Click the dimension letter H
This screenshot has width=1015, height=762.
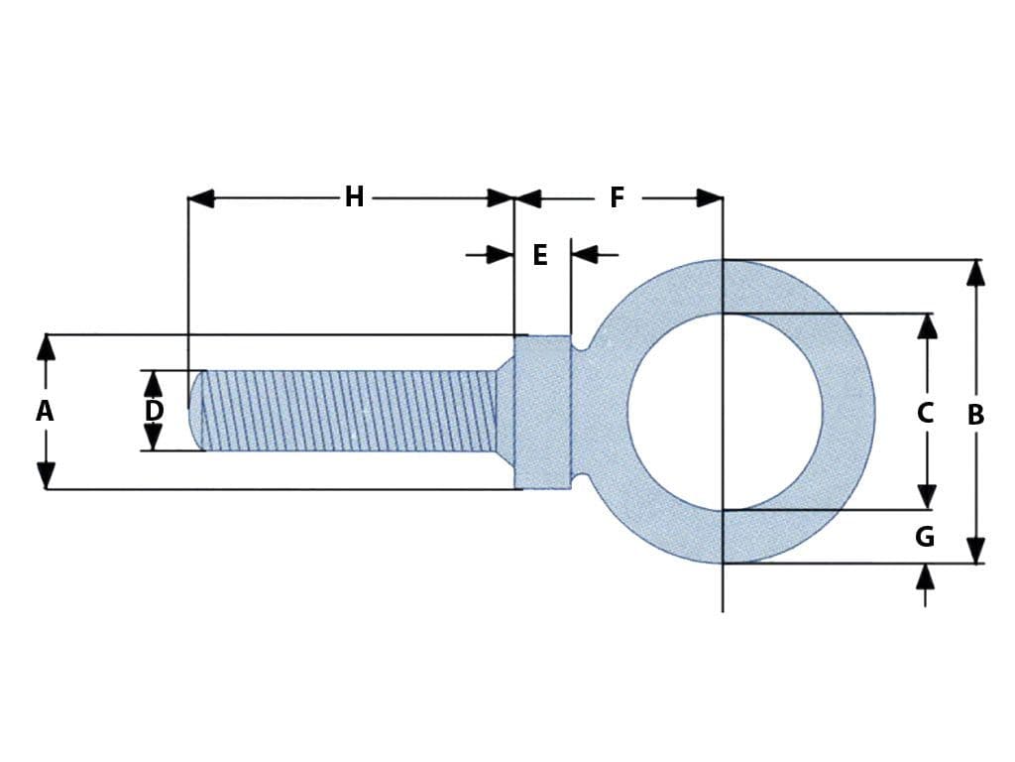[354, 197]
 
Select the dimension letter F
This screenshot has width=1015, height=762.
[617, 197]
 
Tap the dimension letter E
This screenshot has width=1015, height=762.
[540, 255]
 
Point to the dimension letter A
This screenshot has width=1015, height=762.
[45, 411]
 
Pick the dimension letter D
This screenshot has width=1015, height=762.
[154, 411]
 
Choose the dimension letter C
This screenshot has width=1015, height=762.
[925, 413]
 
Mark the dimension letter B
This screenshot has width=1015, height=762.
[975, 415]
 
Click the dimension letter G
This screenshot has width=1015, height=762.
[924, 537]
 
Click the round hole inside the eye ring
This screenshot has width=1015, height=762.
[725, 412]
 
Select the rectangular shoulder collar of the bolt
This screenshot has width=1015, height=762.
[543, 412]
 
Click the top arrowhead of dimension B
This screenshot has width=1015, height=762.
[975, 272]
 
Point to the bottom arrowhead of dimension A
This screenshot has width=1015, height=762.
[46, 476]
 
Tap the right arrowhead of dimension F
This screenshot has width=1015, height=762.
[710, 198]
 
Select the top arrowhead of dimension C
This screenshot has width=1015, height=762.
[927, 326]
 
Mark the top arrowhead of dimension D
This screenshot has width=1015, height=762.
[153, 382]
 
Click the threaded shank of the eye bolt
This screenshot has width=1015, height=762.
[347, 411]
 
